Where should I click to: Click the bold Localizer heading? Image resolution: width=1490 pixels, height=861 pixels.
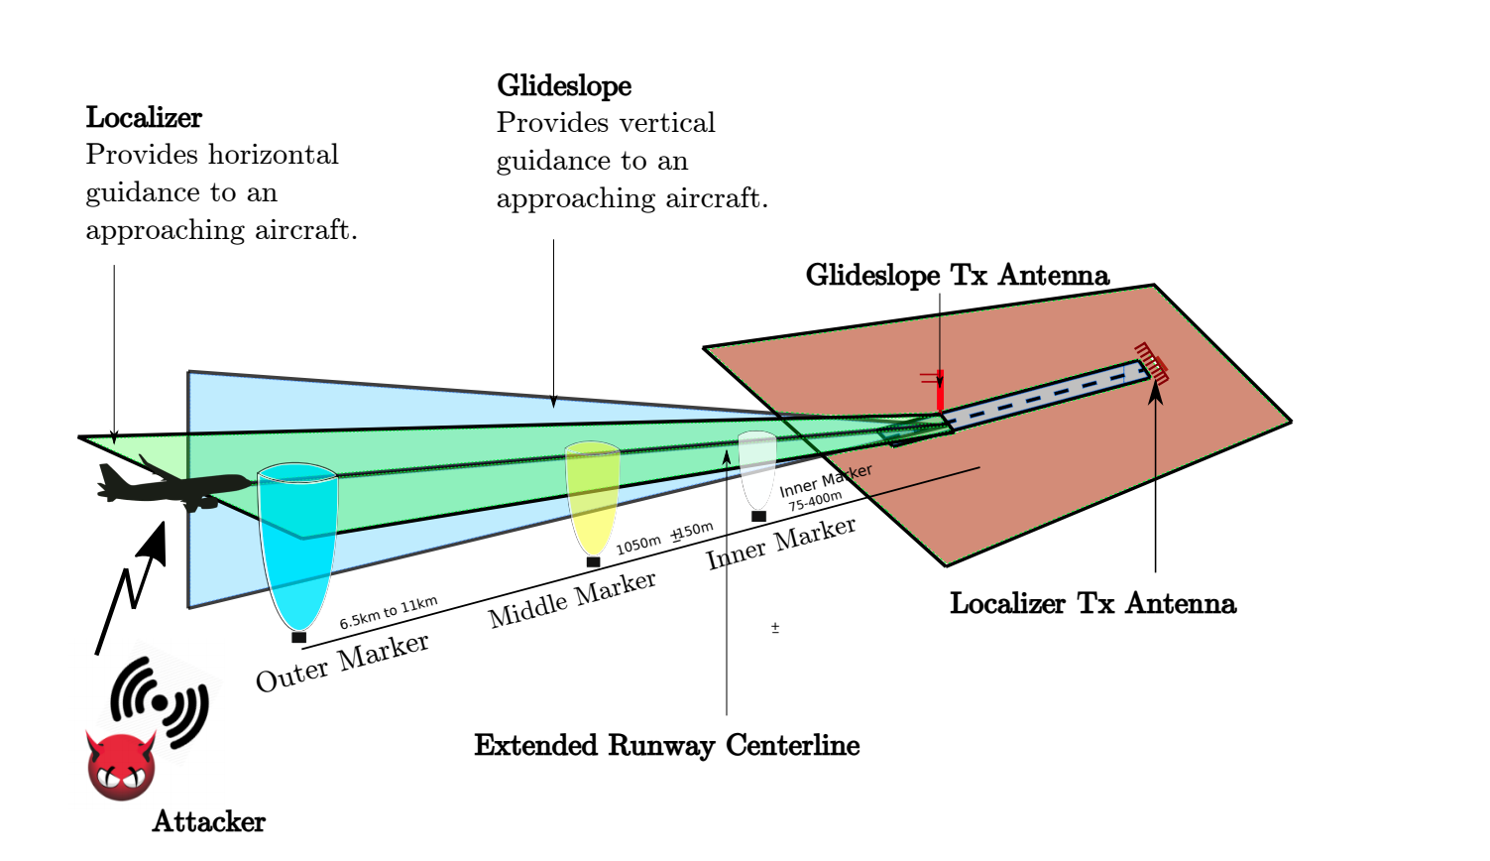[x=144, y=118]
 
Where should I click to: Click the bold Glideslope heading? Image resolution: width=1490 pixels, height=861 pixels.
[x=564, y=86]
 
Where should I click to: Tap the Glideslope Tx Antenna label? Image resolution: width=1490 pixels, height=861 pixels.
[x=958, y=276]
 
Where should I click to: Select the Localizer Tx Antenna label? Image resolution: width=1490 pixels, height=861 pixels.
[x=1092, y=603]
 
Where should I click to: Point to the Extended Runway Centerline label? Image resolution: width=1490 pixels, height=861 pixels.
[x=666, y=745]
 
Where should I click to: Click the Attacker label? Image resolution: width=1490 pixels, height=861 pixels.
[x=209, y=821]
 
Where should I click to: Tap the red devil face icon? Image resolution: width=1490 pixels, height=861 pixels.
[x=121, y=766]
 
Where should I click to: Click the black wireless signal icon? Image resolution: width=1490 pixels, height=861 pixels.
[x=160, y=702]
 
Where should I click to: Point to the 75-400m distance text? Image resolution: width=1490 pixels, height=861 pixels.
[x=816, y=501]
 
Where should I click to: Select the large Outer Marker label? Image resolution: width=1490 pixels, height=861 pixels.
[x=343, y=663]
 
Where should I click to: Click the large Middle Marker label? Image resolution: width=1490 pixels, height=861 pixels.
[x=572, y=599]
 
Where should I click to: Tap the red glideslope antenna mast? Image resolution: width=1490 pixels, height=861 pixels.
[x=940, y=391]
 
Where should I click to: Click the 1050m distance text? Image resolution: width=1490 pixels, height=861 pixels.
[x=638, y=545]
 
